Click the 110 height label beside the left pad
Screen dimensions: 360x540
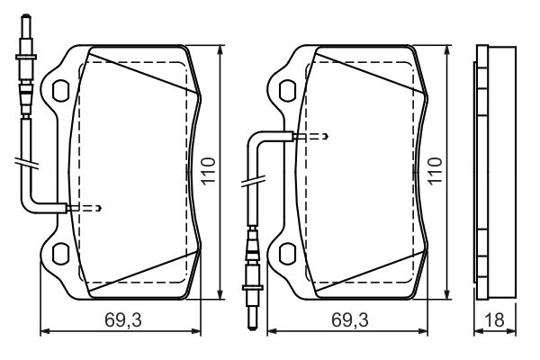click(210, 170)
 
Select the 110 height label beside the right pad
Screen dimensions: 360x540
click(436, 170)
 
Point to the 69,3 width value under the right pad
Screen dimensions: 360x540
click(349, 320)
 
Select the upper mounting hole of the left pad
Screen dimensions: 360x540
click(63, 91)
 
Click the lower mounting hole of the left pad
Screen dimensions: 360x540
click(63, 253)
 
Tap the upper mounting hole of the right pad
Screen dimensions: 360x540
click(289, 91)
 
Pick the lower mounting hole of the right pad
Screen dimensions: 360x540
click(289, 253)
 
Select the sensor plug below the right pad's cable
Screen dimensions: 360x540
click(252, 270)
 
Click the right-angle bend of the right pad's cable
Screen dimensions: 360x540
click(255, 138)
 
